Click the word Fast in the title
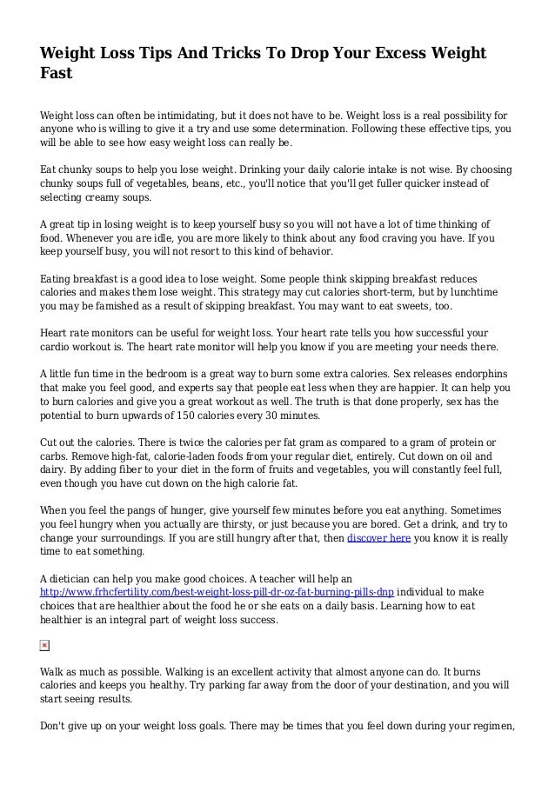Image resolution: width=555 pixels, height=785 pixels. click(56, 75)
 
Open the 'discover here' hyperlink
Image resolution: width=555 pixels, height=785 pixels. click(379, 538)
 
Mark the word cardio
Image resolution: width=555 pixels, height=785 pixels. click(57, 348)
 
